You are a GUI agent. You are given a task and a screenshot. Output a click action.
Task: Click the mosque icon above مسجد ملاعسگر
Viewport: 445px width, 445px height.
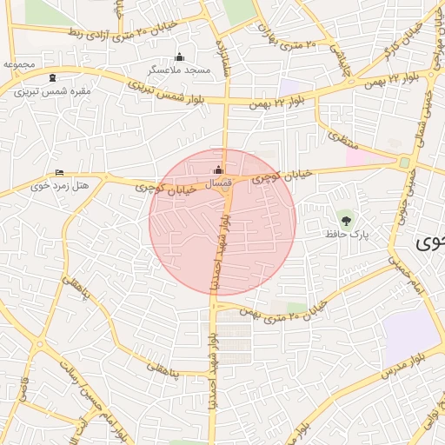(180, 56)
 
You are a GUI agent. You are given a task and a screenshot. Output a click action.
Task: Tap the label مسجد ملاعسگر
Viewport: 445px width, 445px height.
(180, 69)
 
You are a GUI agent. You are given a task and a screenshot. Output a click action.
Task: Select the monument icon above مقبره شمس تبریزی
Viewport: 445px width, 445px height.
(55, 77)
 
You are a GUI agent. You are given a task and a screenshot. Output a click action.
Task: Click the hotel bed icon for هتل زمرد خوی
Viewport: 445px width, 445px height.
(59, 173)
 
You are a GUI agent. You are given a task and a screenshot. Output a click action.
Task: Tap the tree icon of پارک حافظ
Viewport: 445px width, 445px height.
(348, 218)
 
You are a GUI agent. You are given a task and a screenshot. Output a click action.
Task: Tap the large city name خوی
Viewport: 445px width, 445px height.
(429, 242)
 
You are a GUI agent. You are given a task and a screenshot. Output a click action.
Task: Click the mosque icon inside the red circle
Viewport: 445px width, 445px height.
(218, 169)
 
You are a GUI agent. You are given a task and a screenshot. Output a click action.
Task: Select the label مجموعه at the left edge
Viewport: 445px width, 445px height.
(18, 64)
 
